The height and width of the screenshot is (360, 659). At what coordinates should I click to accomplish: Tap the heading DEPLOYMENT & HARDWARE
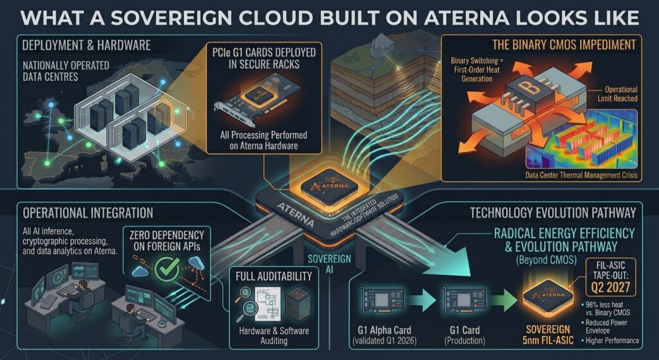pos(86,45)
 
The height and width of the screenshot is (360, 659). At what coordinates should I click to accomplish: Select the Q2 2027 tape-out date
pos(611,287)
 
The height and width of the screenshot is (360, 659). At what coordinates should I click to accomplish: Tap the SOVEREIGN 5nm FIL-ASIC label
pos(548,335)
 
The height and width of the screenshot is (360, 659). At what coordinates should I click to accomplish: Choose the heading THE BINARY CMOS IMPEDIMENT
pos(564,44)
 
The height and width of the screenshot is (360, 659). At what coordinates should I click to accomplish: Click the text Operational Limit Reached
pos(617,94)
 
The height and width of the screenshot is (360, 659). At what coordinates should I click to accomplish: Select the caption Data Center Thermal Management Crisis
pos(581,175)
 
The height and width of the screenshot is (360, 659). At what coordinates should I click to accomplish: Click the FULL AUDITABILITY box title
pos(274,276)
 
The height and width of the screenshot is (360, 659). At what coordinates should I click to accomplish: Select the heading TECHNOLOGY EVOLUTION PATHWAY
pos(553,213)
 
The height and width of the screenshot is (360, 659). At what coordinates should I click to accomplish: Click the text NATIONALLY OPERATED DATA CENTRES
pos(66,71)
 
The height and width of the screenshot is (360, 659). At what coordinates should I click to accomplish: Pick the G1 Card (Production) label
pos(465,335)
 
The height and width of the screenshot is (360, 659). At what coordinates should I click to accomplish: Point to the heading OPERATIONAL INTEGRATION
pos(88,213)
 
